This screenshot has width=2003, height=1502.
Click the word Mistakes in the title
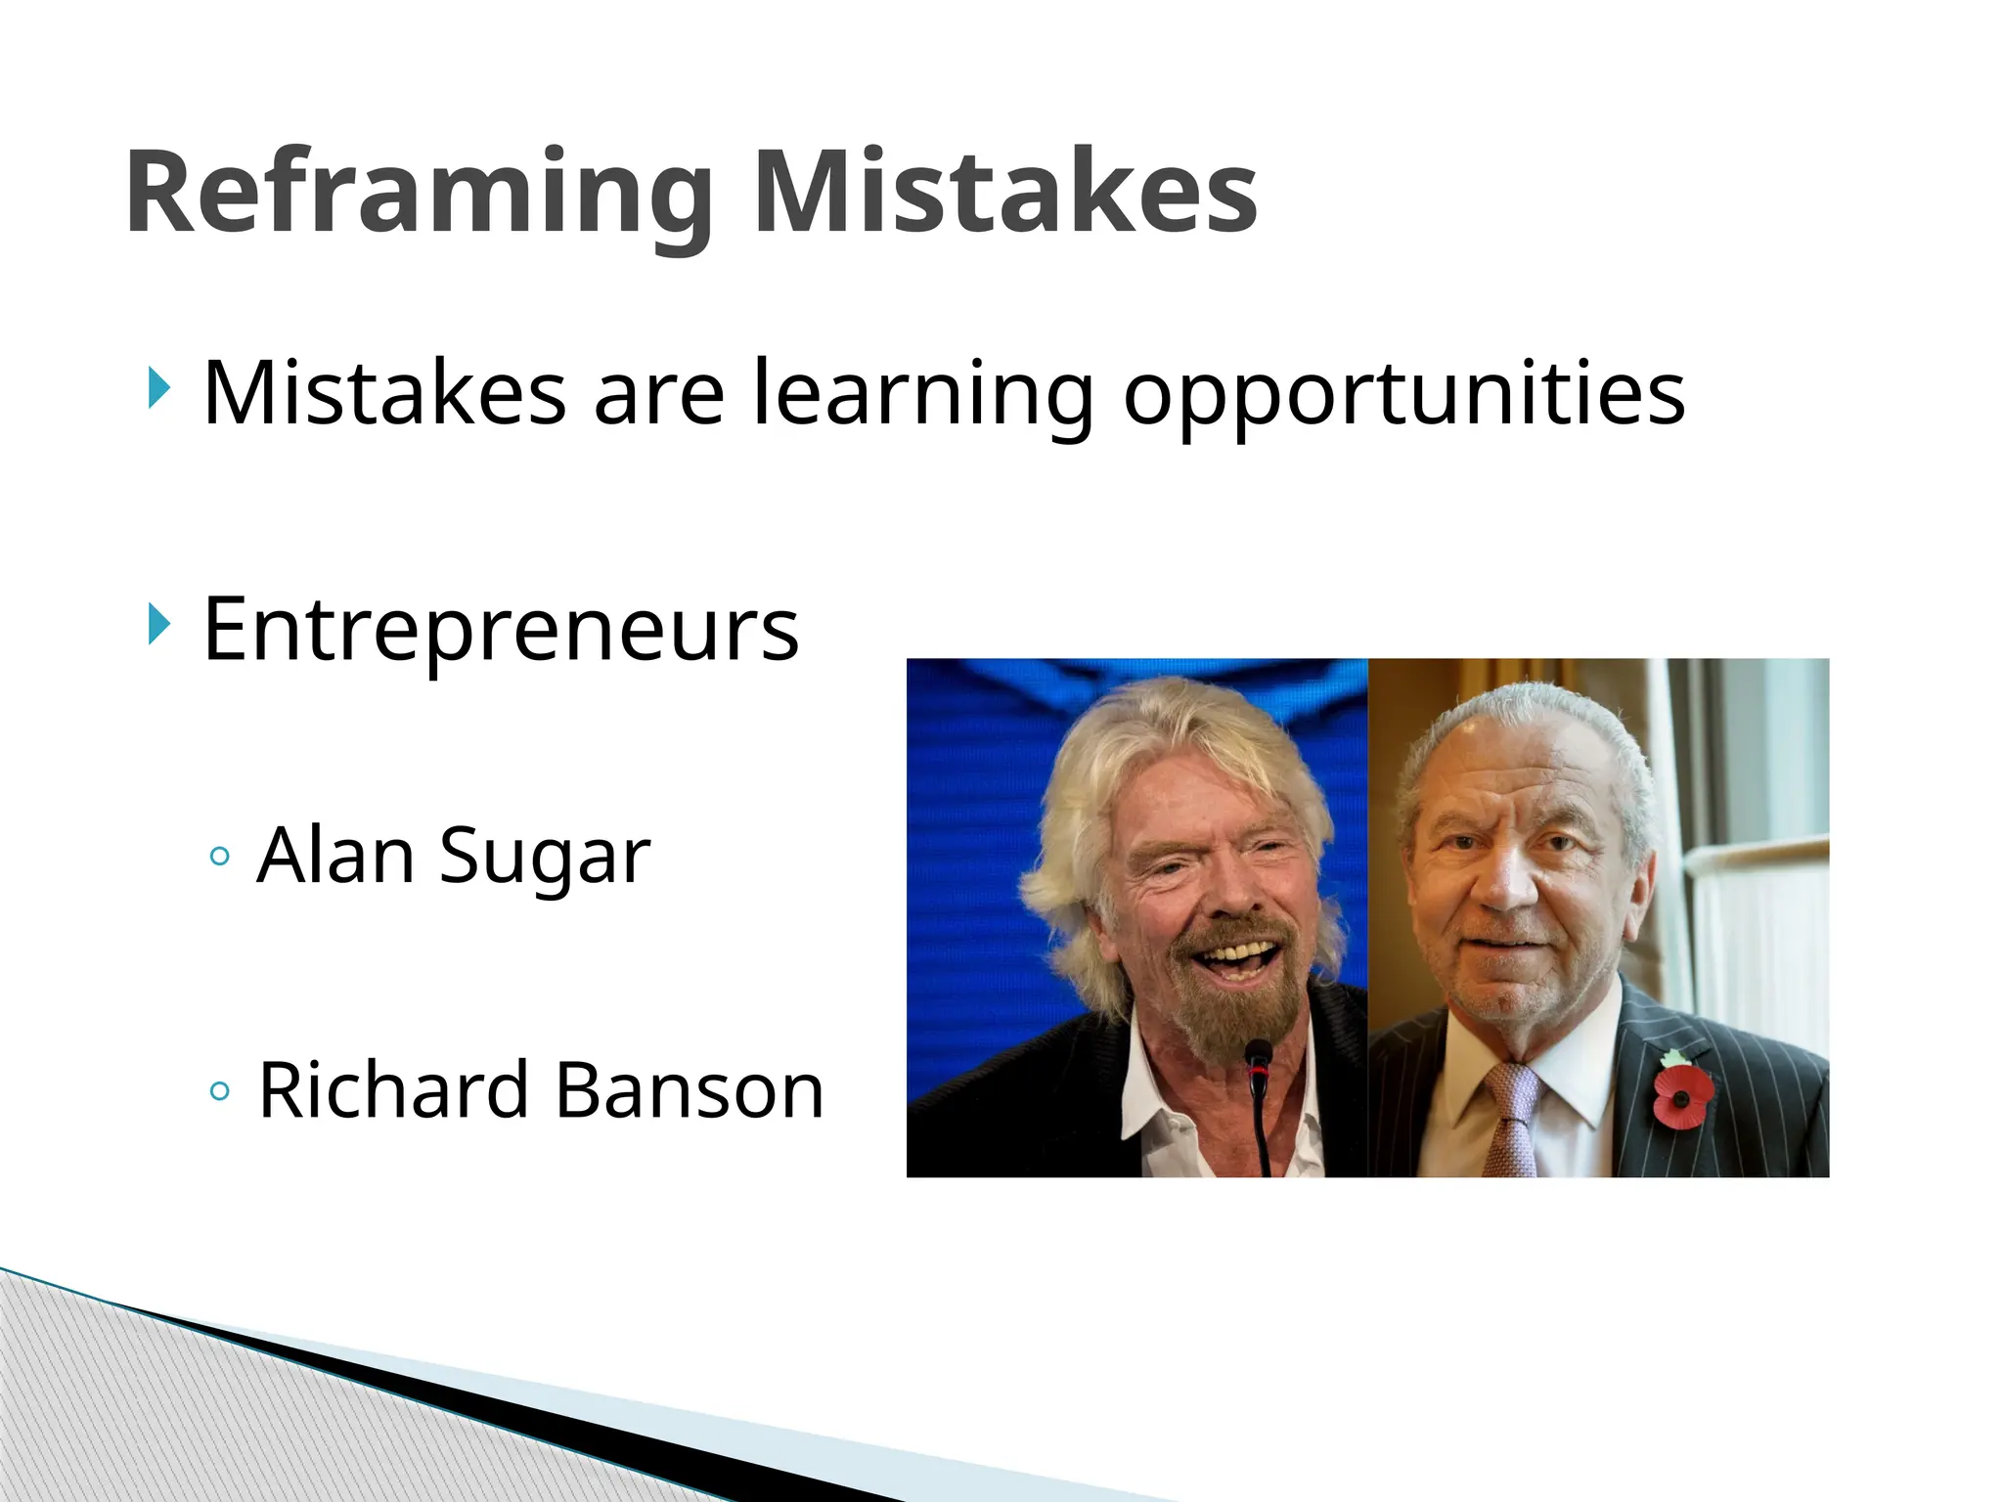click(x=1004, y=193)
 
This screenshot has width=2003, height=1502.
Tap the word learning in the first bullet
click(x=922, y=394)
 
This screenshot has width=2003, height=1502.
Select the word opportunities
click(x=1403, y=394)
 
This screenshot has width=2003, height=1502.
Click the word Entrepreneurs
click(x=501, y=631)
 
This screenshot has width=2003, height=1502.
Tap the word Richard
click(x=391, y=1090)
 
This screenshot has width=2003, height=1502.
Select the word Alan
click(x=335, y=856)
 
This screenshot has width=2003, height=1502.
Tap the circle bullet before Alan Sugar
click(x=220, y=858)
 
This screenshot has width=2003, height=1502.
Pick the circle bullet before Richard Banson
click(x=220, y=1091)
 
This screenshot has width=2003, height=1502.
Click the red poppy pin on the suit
click(x=1682, y=1093)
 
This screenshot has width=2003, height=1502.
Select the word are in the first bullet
click(x=659, y=394)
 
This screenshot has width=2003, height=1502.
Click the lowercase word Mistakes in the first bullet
click(x=384, y=394)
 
